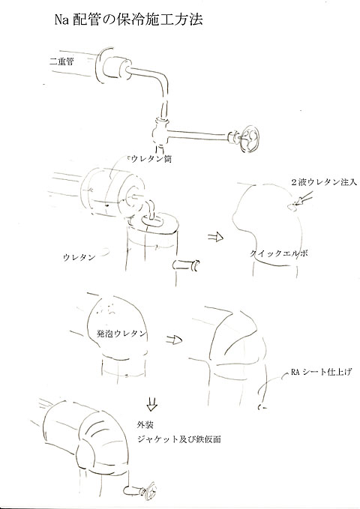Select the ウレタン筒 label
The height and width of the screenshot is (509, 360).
pos(153,159)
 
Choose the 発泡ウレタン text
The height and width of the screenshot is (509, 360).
pos(121,332)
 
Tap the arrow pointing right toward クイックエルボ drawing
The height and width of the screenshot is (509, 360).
pos(213,238)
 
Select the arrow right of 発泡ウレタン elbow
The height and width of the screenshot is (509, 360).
pos(174,338)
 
